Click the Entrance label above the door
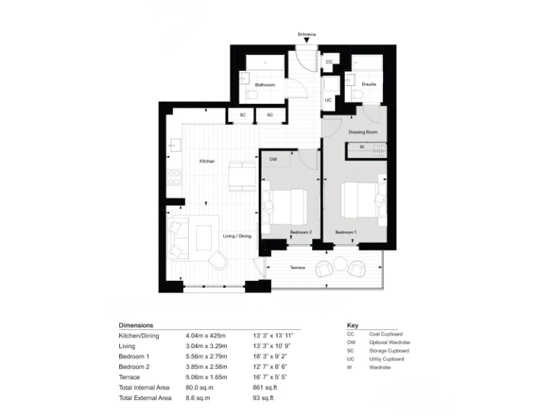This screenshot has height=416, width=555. (306, 35)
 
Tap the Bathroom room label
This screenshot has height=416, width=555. (264, 85)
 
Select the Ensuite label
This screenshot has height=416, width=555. (369, 84)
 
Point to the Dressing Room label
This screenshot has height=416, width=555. (363, 132)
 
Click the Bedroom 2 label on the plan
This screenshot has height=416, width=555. (301, 232)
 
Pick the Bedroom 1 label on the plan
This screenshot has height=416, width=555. (345, 232)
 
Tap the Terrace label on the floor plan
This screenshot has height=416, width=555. (297, 268)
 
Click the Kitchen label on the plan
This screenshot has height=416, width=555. (207, 161)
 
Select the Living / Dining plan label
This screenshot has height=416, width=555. (237, 236)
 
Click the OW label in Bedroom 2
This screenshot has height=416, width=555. (273, 159)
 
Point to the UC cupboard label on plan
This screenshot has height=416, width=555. (329, 100)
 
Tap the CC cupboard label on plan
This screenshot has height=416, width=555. (329, 63)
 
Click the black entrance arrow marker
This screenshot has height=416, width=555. (306, 42)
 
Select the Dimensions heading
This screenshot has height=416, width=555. (136, 326)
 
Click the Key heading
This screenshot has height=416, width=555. (353, 326)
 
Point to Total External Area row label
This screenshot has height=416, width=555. (145, 399)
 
